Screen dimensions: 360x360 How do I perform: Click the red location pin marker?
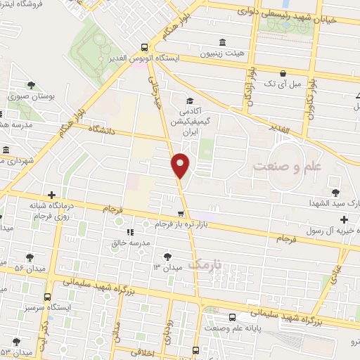(x=181, y=165)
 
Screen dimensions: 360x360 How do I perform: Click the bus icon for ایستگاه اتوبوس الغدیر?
(x=144, y=42)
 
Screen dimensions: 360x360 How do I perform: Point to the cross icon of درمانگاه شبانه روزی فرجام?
(x=51, y=195)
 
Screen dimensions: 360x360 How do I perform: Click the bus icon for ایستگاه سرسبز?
(x=47, y=297)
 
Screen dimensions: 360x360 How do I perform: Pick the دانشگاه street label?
(x=106, y=129)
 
